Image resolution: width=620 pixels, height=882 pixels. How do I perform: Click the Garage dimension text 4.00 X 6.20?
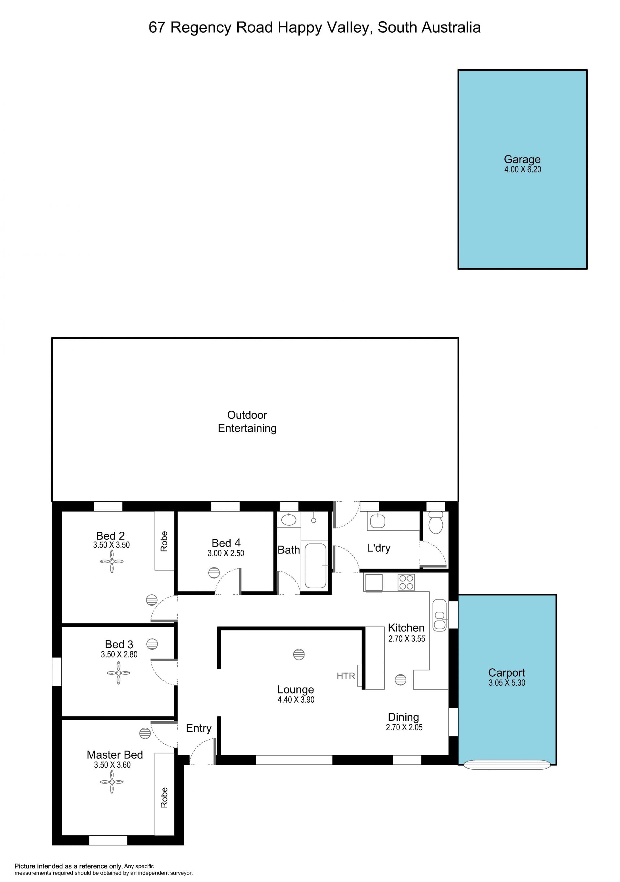point(522,169)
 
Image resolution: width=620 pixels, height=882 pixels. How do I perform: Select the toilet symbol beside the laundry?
point(436,522)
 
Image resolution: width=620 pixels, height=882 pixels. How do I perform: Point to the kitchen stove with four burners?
point(406,582)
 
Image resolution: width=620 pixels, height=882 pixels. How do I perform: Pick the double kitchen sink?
point(439,615)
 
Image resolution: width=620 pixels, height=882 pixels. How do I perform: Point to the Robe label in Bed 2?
point(164,541)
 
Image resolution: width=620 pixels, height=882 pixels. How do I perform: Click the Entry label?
point(199,728)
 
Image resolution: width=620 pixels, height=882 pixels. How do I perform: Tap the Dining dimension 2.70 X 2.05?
point(404,727)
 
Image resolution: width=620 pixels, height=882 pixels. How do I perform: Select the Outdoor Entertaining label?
point(247,421)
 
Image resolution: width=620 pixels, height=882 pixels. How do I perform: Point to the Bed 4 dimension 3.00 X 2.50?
point(226,553)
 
